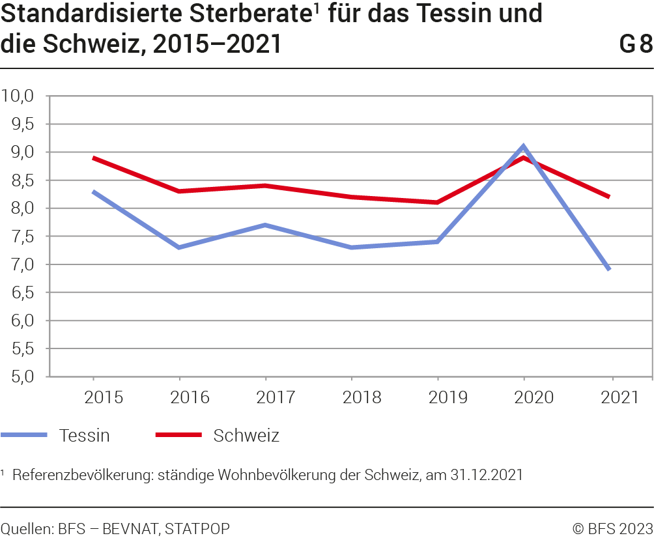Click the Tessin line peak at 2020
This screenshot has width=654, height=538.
tap(523, 147)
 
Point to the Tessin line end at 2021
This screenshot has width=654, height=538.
tap(609, 269)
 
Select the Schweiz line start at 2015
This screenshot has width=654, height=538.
tap(94, 158)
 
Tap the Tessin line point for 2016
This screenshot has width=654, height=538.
tap(180, 248)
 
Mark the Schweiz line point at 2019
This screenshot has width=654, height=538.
tap(437, 203)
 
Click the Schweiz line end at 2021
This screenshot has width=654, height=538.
tap(609, 197)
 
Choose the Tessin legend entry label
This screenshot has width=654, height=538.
tap(84, 435)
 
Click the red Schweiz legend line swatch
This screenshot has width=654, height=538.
tap(178, 434)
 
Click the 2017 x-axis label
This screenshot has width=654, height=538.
tap(266, 397)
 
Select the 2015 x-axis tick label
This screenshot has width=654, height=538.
tap(94, 397)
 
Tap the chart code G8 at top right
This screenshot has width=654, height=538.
tap(635, 44)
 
